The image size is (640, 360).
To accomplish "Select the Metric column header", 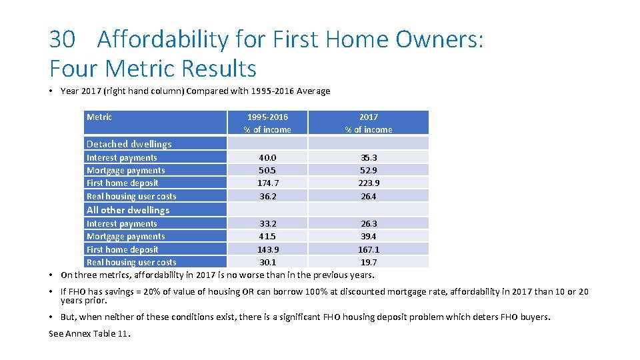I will pyautogui.click(x=99, y=117).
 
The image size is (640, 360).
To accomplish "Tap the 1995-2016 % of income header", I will pyautogui.click(x=267, y=123).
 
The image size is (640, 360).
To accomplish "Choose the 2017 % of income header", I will pyautogui.click(x=368, y=123).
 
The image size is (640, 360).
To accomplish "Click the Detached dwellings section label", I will pyautogui.click(x=129, y=144).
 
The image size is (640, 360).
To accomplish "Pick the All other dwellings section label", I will pyautogui.click(x=128, y=210).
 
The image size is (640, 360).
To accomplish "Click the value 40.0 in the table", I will pyautogui.click(x=267, y=158).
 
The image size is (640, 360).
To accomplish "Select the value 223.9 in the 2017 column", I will pyautogui.click(x=368, y=183).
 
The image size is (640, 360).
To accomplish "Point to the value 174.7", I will pyautogui.click(x=267, y=183).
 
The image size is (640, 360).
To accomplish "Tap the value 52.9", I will pyautogui.click(x=368, y=171).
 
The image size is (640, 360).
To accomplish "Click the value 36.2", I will pyautogui.click(x=267, y=197).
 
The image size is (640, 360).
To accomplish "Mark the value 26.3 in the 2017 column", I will pyautogui.click(x=368, y=224).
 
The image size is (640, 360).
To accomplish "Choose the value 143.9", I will pyautogui.click(x=267, y=249).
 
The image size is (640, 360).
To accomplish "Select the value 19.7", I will pyautogui.click(x=368, y=263).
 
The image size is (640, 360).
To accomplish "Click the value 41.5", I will pyautogui.click(x=267, y=237).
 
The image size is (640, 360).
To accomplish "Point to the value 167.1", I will pyautogui.click(x=368, y=249).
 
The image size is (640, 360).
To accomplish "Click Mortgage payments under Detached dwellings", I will pyautogui.click(x=125, y=171).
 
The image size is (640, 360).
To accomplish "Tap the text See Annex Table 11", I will pyautogui.click(x=90, y=333).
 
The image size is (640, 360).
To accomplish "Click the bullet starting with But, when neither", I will pyautogui.click(x=305, y=317).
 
